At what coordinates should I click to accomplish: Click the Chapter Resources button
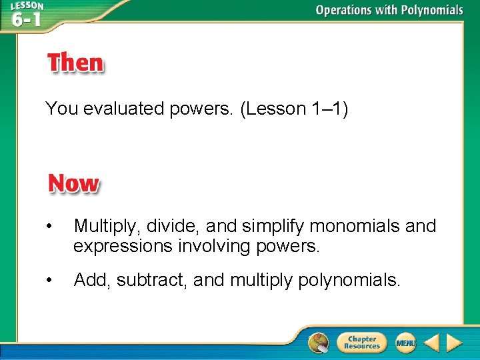pyautogui.click(x=361, y=343)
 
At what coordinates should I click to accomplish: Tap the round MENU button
pyautogui.click(x=405, y=343)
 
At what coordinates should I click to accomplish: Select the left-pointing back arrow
pyautogui.click(x=432, y=343)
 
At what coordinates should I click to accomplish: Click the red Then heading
pyautogui.click(x=75, y=64)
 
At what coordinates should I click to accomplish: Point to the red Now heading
pyautogui.click(x=73, y=184)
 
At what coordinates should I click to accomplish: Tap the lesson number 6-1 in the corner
pyautogui.click(x=26, y=19)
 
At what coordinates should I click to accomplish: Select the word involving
pyautogui.click(x=209, y=247)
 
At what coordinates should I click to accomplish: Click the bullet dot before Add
pyautogui.click(x=49, y=281)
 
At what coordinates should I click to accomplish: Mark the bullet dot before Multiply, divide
pyautogui.click(x=49, y=227)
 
